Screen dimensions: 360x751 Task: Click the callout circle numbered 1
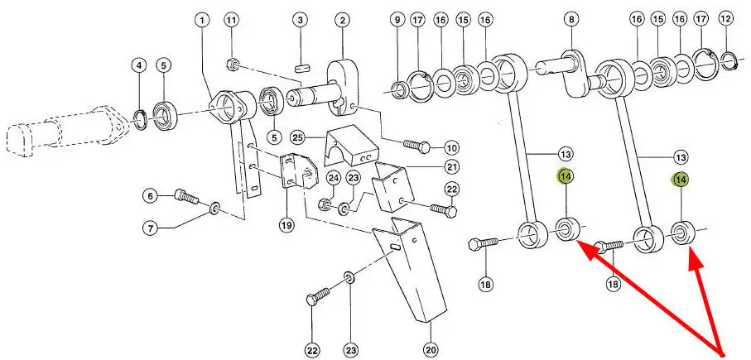203,19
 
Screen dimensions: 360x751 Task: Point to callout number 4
139,65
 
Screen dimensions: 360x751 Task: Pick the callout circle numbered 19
285,224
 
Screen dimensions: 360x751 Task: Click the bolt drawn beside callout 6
187,197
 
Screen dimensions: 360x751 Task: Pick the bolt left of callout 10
416,147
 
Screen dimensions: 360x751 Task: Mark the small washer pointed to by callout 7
214,205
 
